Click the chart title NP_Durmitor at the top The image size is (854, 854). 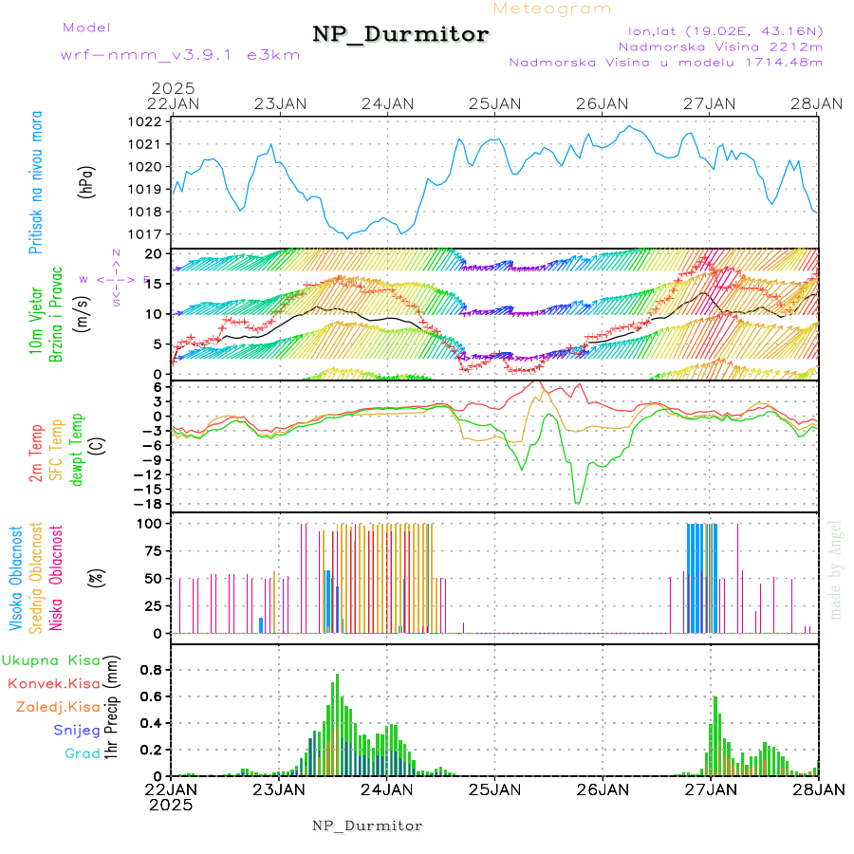tap(400, 35)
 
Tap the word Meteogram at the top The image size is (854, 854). tap(553, 9)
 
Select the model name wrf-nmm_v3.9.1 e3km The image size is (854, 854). tap(167, 55)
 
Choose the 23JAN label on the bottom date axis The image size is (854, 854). tap(279, 789)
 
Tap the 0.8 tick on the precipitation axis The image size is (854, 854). tap(151, 669)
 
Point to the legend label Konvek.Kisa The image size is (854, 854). tap(52, 683)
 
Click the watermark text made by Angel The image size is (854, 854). tap(836, 569)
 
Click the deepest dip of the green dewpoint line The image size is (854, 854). tap(577, 502)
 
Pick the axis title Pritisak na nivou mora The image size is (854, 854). tap(36, 181)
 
